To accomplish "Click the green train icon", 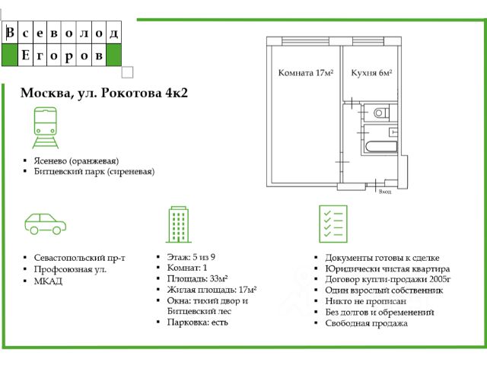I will click(46, 129).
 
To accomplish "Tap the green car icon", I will click(46, 223).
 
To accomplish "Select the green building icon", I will click(178, 224).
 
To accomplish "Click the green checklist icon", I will click(332, 224).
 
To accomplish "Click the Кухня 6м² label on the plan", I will click(371, 74).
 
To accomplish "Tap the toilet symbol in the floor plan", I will click(380, 113).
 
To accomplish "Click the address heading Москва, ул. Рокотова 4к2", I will click(103, 94).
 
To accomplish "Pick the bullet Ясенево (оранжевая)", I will click(76, 160).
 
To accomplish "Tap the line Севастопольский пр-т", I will click(80, 258).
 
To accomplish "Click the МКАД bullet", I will click(49, 281).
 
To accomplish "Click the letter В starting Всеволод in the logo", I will click(10, 33).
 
